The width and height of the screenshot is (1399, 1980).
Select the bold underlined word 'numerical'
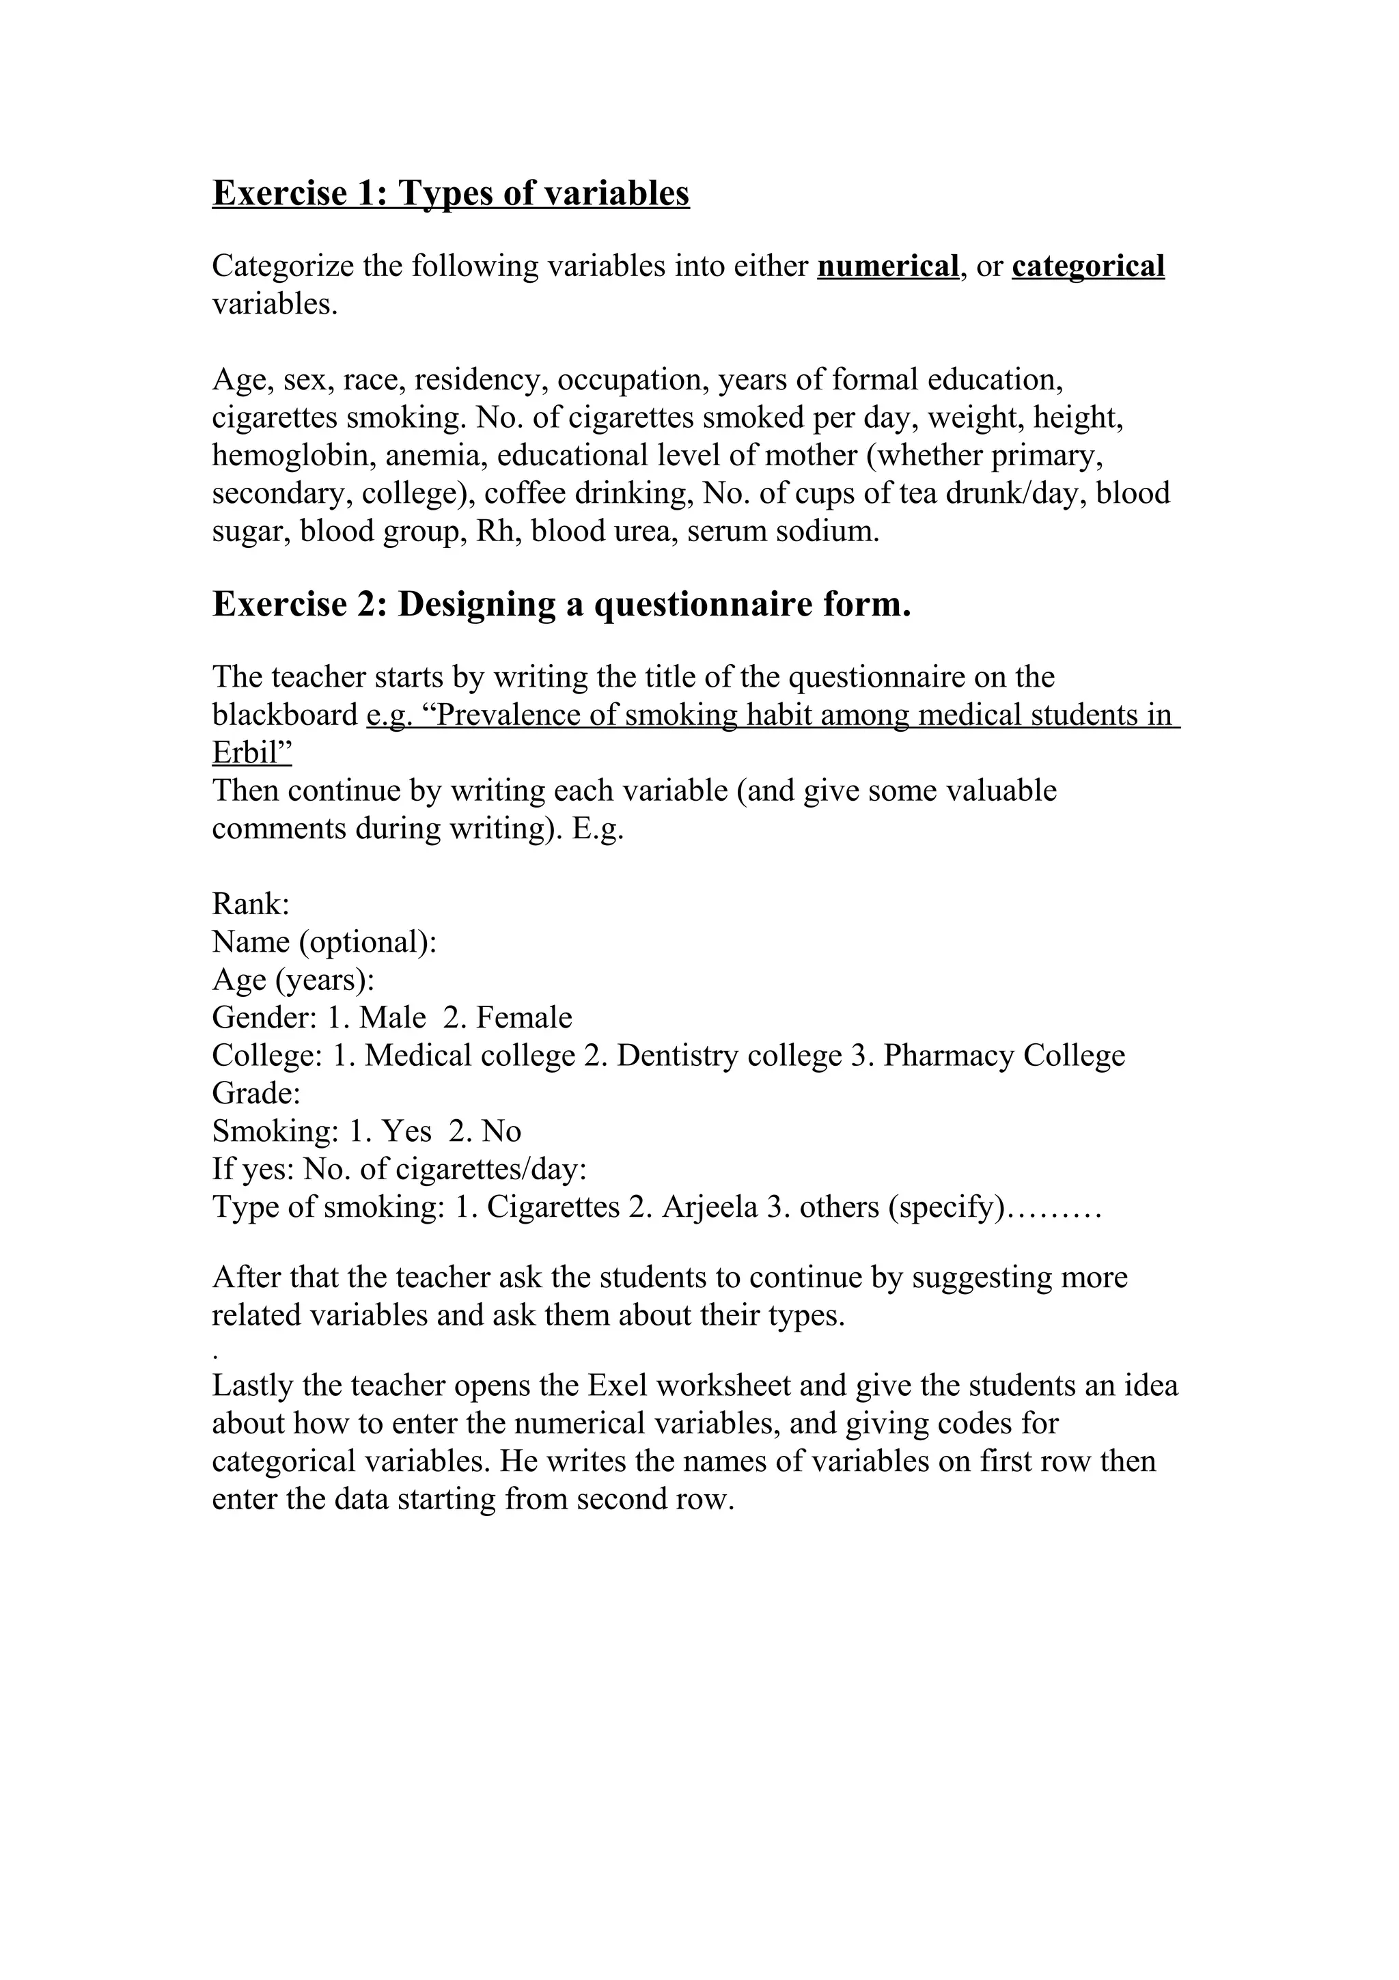pyautogui.click(x=888, y=266)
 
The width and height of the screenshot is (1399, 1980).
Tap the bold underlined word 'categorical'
pyautogui.click(x=1088, y=266)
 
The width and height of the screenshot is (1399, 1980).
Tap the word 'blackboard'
pyautogui.click(x=284, y=715)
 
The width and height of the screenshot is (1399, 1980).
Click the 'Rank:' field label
pyautogui.click(x=250, y=905)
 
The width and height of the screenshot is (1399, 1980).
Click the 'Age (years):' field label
pyautogui.click(x=293, y=980)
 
